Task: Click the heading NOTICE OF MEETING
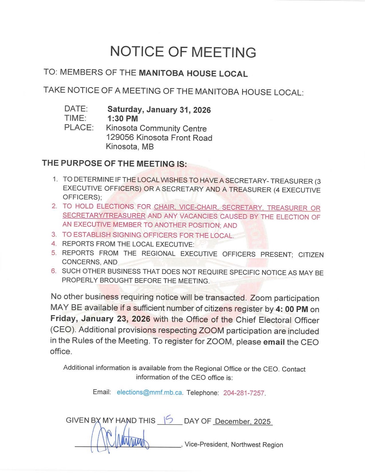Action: click(183, 52)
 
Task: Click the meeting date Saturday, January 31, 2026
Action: click(159, 110)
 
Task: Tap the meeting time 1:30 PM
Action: click(122, 118)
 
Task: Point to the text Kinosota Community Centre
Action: click(156, 129)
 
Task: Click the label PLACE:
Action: click(79, 127)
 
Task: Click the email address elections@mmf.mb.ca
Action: click(149, 392)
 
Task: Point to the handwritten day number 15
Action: click(168, 420)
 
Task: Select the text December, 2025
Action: click(242, 422)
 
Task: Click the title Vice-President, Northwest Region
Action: click(234, 445)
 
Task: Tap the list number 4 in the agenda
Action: click(54, 244)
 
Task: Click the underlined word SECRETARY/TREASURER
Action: click(104, 216)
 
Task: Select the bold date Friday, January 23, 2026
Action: click(100, 319)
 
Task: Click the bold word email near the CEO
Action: click(274, 342)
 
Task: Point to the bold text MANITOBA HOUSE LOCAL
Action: click(193, 74)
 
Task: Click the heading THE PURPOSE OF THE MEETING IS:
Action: click(114, 164)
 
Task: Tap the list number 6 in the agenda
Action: click(54, 271)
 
